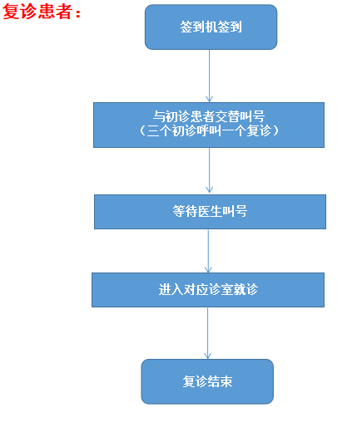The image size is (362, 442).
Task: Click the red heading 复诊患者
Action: (x=37, y=12)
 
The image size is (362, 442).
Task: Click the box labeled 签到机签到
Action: (x=211, y=27)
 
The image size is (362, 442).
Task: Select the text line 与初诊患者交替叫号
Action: (x=209, y=116)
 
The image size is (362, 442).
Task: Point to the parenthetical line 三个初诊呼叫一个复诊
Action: (x=209, y=130)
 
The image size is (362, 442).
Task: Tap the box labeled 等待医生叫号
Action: (x=210, y=212)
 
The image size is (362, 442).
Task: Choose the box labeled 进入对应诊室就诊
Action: (x=208, y=290)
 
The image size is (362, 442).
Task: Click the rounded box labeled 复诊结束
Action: (x=207, y=381)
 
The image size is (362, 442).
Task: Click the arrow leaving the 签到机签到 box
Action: (x=209, y=76)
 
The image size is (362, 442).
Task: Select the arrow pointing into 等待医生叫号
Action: (x=209, y=170)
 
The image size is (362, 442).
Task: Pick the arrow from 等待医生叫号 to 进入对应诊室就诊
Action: (x=208, y=251)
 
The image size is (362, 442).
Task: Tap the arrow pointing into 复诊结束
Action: (x=207, y=333)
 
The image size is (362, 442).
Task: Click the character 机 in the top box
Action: (x=211, y=27)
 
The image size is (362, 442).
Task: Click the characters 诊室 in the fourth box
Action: (x=221, y=289)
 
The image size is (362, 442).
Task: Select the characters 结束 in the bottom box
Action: (x=220, y=381)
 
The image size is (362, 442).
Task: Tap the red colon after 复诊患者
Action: (x=78, y=13)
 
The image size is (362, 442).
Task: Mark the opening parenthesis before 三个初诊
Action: (x=142, y=130)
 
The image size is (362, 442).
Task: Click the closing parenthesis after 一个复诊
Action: (x=275, y=130)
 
